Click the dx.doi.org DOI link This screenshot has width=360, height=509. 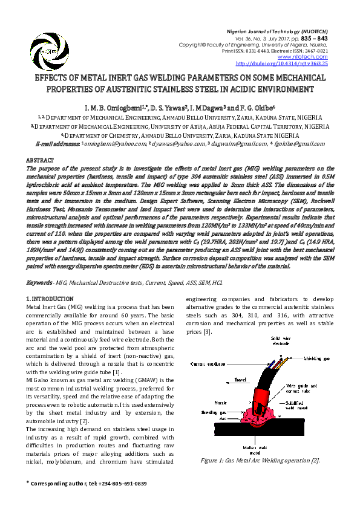[290, 62]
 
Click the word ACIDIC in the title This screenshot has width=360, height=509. [238, 89]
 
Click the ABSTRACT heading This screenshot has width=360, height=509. [39, 160]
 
